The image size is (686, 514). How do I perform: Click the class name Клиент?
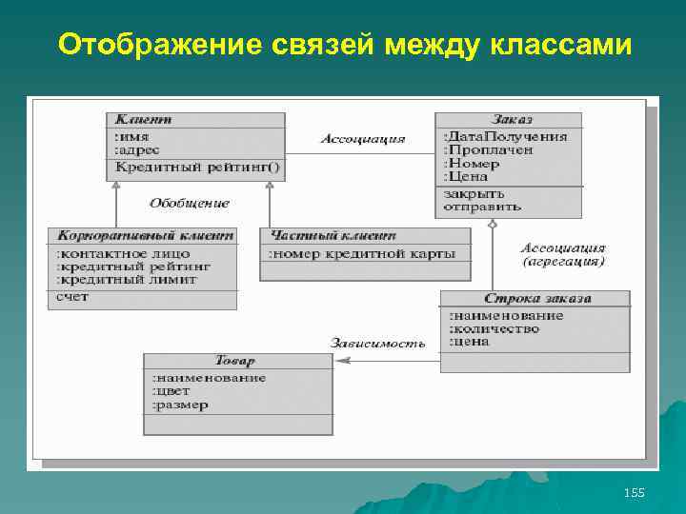pos(143,120)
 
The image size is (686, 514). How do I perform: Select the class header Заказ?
pos(512,120)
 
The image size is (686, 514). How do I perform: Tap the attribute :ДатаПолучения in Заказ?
pos(506,136)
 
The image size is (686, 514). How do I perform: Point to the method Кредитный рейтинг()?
pos(197,168)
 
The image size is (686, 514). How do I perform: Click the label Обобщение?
pos(190,203)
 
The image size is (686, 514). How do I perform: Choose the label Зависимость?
pos(378,343)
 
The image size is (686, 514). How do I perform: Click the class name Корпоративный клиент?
pos(145,235)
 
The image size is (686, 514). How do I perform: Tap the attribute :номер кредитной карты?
pos(362,253)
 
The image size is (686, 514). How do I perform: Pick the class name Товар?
pos(235,361)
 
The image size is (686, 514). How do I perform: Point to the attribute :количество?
pos(494,328)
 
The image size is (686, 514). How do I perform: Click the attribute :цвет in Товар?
pos(171,391)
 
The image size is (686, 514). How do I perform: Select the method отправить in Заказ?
pos(482,206)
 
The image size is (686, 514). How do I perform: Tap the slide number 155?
pos(634,492)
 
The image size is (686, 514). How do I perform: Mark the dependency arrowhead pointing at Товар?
pos(341,360)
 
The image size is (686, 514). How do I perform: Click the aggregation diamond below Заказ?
pos(493,225)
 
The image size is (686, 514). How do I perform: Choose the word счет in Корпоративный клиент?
pos(71,296)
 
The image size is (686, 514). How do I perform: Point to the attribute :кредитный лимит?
pos(127,280)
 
